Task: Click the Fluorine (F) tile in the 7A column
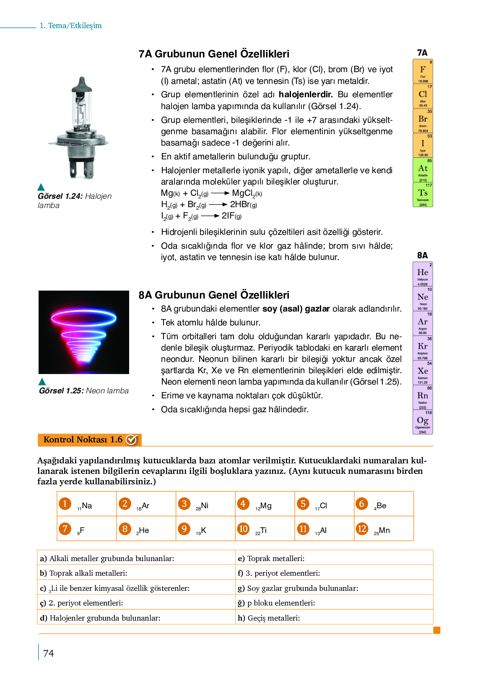pos(423,72)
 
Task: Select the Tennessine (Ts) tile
pos(423,195)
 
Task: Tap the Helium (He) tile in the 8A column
pos(423,274)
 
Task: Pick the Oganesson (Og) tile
pos(423,422)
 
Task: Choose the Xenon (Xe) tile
pos(423,373)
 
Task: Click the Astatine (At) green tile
pos(423,170)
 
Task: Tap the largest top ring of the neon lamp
pos(83,319)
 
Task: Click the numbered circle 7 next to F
pos(65,528)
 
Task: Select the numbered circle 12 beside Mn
pos(362,528)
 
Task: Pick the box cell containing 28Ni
pos(205,504)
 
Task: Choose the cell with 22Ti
pos(265,529)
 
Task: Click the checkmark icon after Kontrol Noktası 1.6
pos(132,439)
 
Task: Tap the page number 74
pos(49,653)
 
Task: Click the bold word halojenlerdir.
pos(306,94)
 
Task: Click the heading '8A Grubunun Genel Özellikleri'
pos(214,295)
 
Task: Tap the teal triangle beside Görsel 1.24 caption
pos(41,187)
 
